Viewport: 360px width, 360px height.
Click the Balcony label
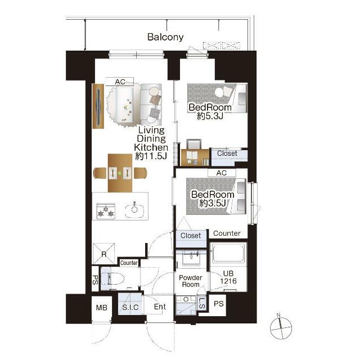[x=165, y=37]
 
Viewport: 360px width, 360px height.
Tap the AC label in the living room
[x=120, y=82]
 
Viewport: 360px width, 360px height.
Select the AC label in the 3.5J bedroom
[x=221, y=173]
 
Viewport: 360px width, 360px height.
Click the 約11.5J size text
[x=151, y=156]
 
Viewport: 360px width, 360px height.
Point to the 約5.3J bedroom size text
[x=210, y=116]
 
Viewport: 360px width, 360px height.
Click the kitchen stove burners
[x=106, y=211]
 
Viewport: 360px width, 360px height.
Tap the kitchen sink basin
[x=134, y=210]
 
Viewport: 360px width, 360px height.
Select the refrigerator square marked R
[x=103, y=254]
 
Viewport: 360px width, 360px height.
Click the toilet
[x=112, y=278]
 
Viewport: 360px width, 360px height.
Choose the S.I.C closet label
[x=130, y=307]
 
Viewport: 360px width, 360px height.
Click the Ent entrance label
[x=160, y=307]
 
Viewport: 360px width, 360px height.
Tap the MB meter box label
[x=101, y=308]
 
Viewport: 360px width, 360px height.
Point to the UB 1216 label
[x=228, y=277]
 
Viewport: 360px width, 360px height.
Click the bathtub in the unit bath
[x=228, y=254]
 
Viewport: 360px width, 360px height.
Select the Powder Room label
[x=191, y=281]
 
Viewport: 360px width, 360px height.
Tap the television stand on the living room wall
[x=98, y=106]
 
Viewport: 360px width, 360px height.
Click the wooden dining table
[x=120, y=173]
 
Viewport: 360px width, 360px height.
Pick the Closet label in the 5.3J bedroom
[x=227, y=154]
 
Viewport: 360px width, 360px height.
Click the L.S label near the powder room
[x=201, y=303]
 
